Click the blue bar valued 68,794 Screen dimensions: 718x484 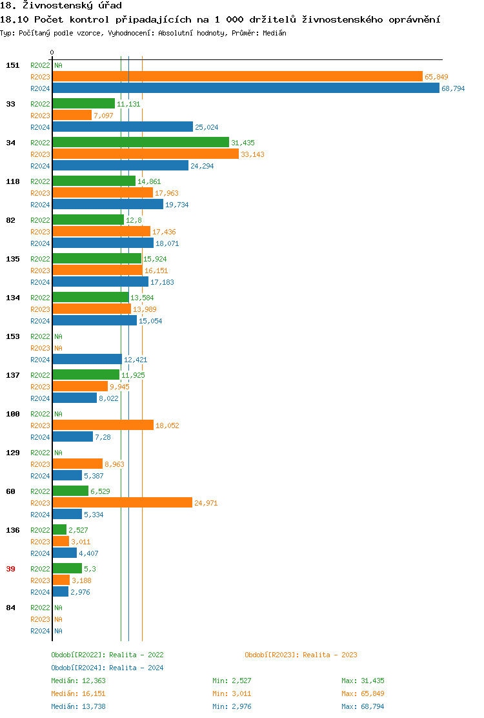pyautogui.click(x=245, y=88)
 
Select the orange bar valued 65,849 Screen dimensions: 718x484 pyautogui.click(x=237, y=77)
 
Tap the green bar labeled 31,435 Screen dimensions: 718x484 pyautogui.click(x=141, y=143)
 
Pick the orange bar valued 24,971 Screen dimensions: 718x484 pyautogui.click(x=122, y=503)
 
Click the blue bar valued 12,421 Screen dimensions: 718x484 pyautogui.click(x=87, y=360)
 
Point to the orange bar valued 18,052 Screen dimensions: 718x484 pyautogui.click(x=103, y=426)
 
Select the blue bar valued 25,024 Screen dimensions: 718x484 pyautogui.click(x=123, y=127)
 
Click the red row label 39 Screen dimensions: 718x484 pyautogui.click(x=10, y=569)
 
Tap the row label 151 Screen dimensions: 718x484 pyautogui.click(x=13, y=65)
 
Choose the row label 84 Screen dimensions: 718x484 pyautogui.click(x=10, y=608)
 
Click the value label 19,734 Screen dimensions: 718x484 pyautogui.click(x=177, y=205)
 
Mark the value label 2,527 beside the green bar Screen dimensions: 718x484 pyautogui.click(x=79, y=530)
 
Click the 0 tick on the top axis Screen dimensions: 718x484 pyautogui.click(x=52, y=52)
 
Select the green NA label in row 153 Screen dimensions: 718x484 pyautogui.click(x=58, y=336)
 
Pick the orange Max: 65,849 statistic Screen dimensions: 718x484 pyautogui.click(x=363, y=693)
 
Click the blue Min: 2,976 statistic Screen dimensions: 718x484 pyautogui.click(x=231, y=706)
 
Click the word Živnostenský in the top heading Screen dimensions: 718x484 pyautogui.click(x=59, y=6)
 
